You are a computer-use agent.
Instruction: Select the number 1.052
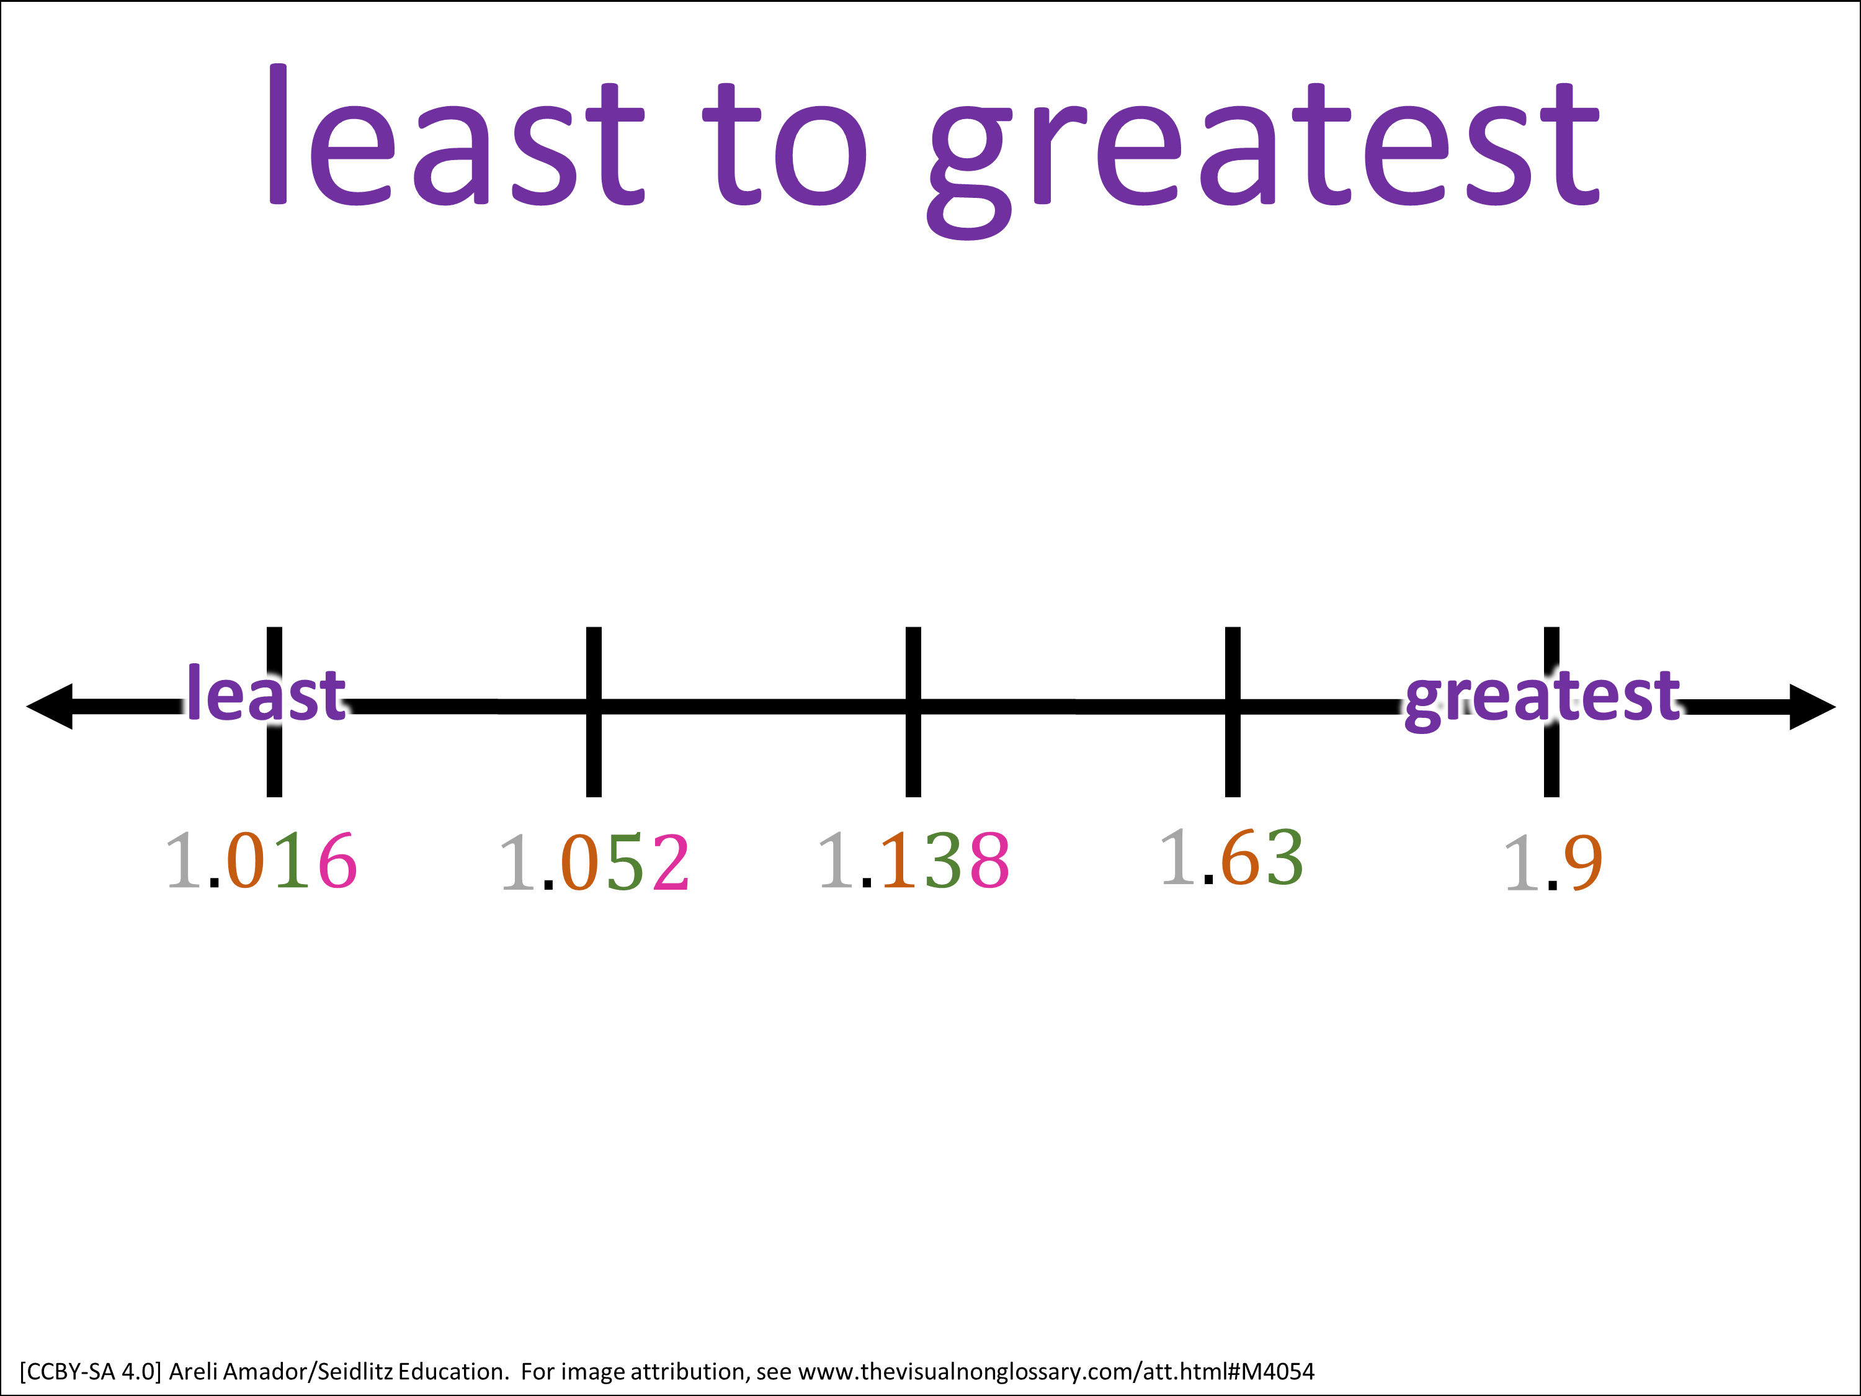coord(595,862)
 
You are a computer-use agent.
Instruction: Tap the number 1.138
coord(914,860)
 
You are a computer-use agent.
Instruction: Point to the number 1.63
coord(1232,857)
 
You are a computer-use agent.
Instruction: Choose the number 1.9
coord(1553,862)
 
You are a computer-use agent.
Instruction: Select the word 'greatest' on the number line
coord(1542,697)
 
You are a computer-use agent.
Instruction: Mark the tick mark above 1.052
coord(594,712)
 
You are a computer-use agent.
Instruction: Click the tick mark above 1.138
coord(914,712)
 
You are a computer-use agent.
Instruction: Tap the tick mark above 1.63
coord(1233,712)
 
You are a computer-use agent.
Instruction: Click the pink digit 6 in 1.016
coord(338,861)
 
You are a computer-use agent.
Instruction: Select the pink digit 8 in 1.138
coord(989,860)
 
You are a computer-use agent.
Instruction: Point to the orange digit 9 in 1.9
coord(1583,862)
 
